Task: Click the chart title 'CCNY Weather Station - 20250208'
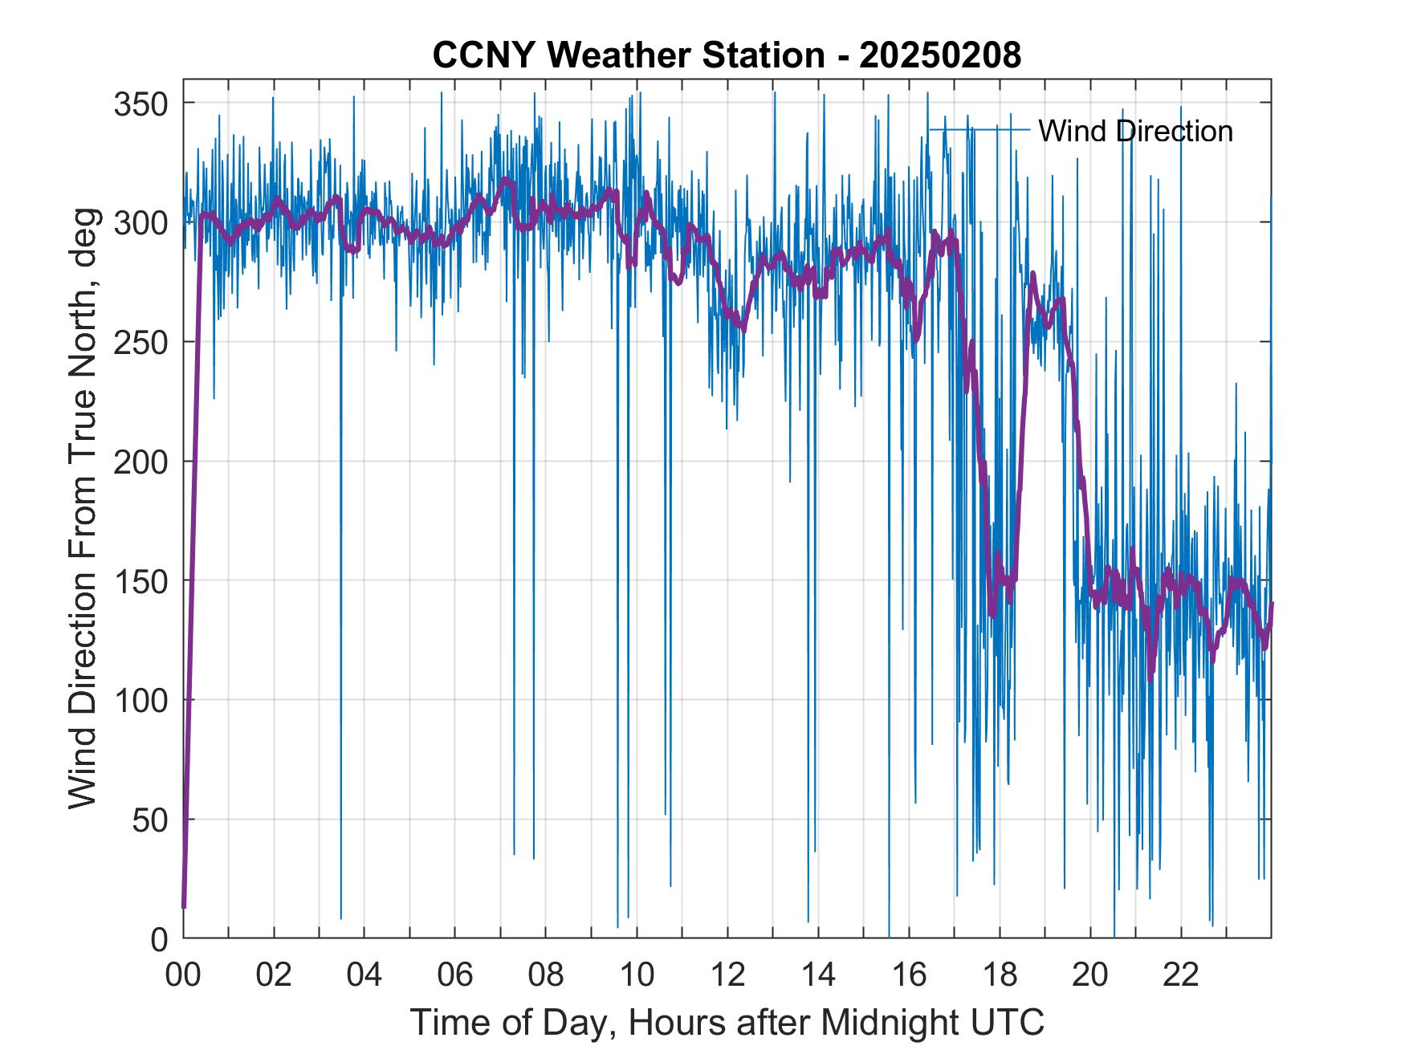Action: (x=727, y=55)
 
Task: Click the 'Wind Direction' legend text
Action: (x=1135, y=131)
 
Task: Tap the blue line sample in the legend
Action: (x=979, y=129)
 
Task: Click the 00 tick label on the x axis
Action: (x=183, y=975)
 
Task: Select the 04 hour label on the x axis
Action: (x=364, y=975)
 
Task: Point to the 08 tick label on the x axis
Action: (x=546, y=975)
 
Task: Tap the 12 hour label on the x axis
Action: (x=727, y=975)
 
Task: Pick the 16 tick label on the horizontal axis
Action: (x=909, y=975)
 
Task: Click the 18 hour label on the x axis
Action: (x=1000, y=975)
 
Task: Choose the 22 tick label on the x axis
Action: (x=1181, y=975)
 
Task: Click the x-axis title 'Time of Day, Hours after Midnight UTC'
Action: (x=727, y=1022)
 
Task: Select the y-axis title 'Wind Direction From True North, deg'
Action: (x=83, y=508)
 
